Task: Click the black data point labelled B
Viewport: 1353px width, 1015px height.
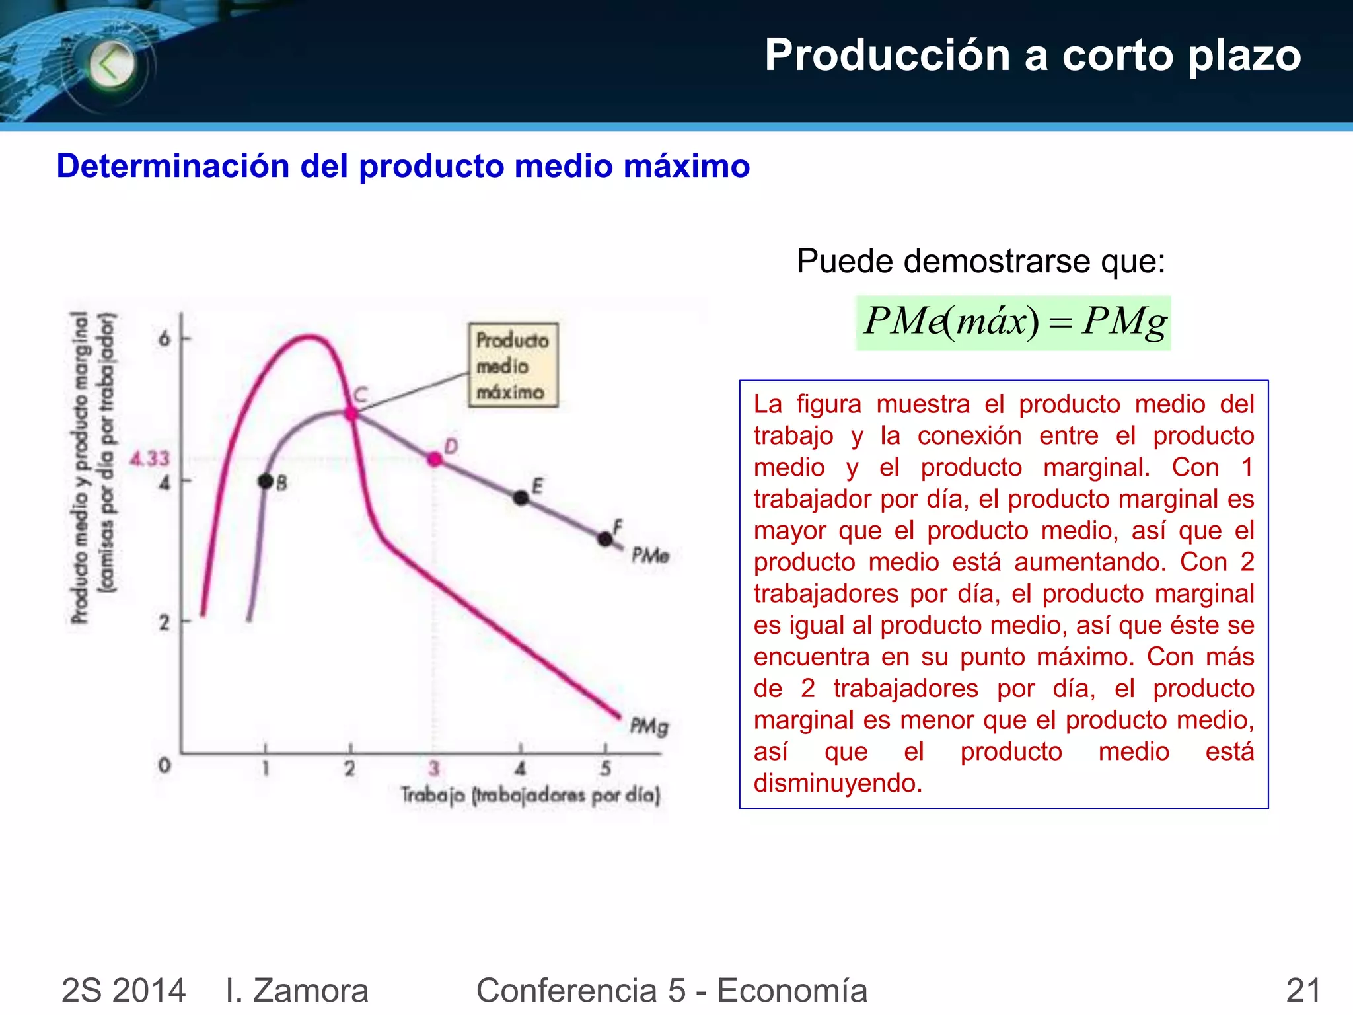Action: [x=266, y=481]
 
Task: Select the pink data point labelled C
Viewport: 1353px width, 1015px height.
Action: [x=351, y=413]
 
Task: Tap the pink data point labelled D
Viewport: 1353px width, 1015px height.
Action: [x=435, y=459]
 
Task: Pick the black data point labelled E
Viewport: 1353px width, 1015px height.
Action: [x=521, y=498]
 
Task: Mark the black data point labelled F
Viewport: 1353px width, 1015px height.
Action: [x=604, y=539]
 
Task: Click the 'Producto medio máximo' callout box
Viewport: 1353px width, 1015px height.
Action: [x=513, y=365]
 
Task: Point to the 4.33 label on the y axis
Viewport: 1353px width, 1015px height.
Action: [x=150, y=458]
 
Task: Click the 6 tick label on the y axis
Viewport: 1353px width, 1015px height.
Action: [x=165, y=339]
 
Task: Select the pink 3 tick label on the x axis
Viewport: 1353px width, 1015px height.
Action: [x=434, y=768]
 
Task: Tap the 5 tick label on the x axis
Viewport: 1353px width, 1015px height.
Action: [x=605, y=768]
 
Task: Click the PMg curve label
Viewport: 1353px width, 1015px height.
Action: [x=649, y=726]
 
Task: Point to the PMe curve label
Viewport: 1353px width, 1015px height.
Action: [x=650, y=555]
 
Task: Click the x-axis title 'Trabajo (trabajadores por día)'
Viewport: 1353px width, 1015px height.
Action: [x=530, y=794]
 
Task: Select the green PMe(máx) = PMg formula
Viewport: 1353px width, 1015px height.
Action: [x=1013, y=322]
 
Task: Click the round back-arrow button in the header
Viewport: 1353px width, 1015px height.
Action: [x=111, y=65]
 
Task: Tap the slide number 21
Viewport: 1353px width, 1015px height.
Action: [x=1303, y=990]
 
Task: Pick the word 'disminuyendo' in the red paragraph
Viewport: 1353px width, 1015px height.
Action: [x=837, y=783]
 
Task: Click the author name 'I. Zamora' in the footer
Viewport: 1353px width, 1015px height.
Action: [x=297, y=990]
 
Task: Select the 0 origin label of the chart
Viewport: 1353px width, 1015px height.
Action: [x=165, y=765]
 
